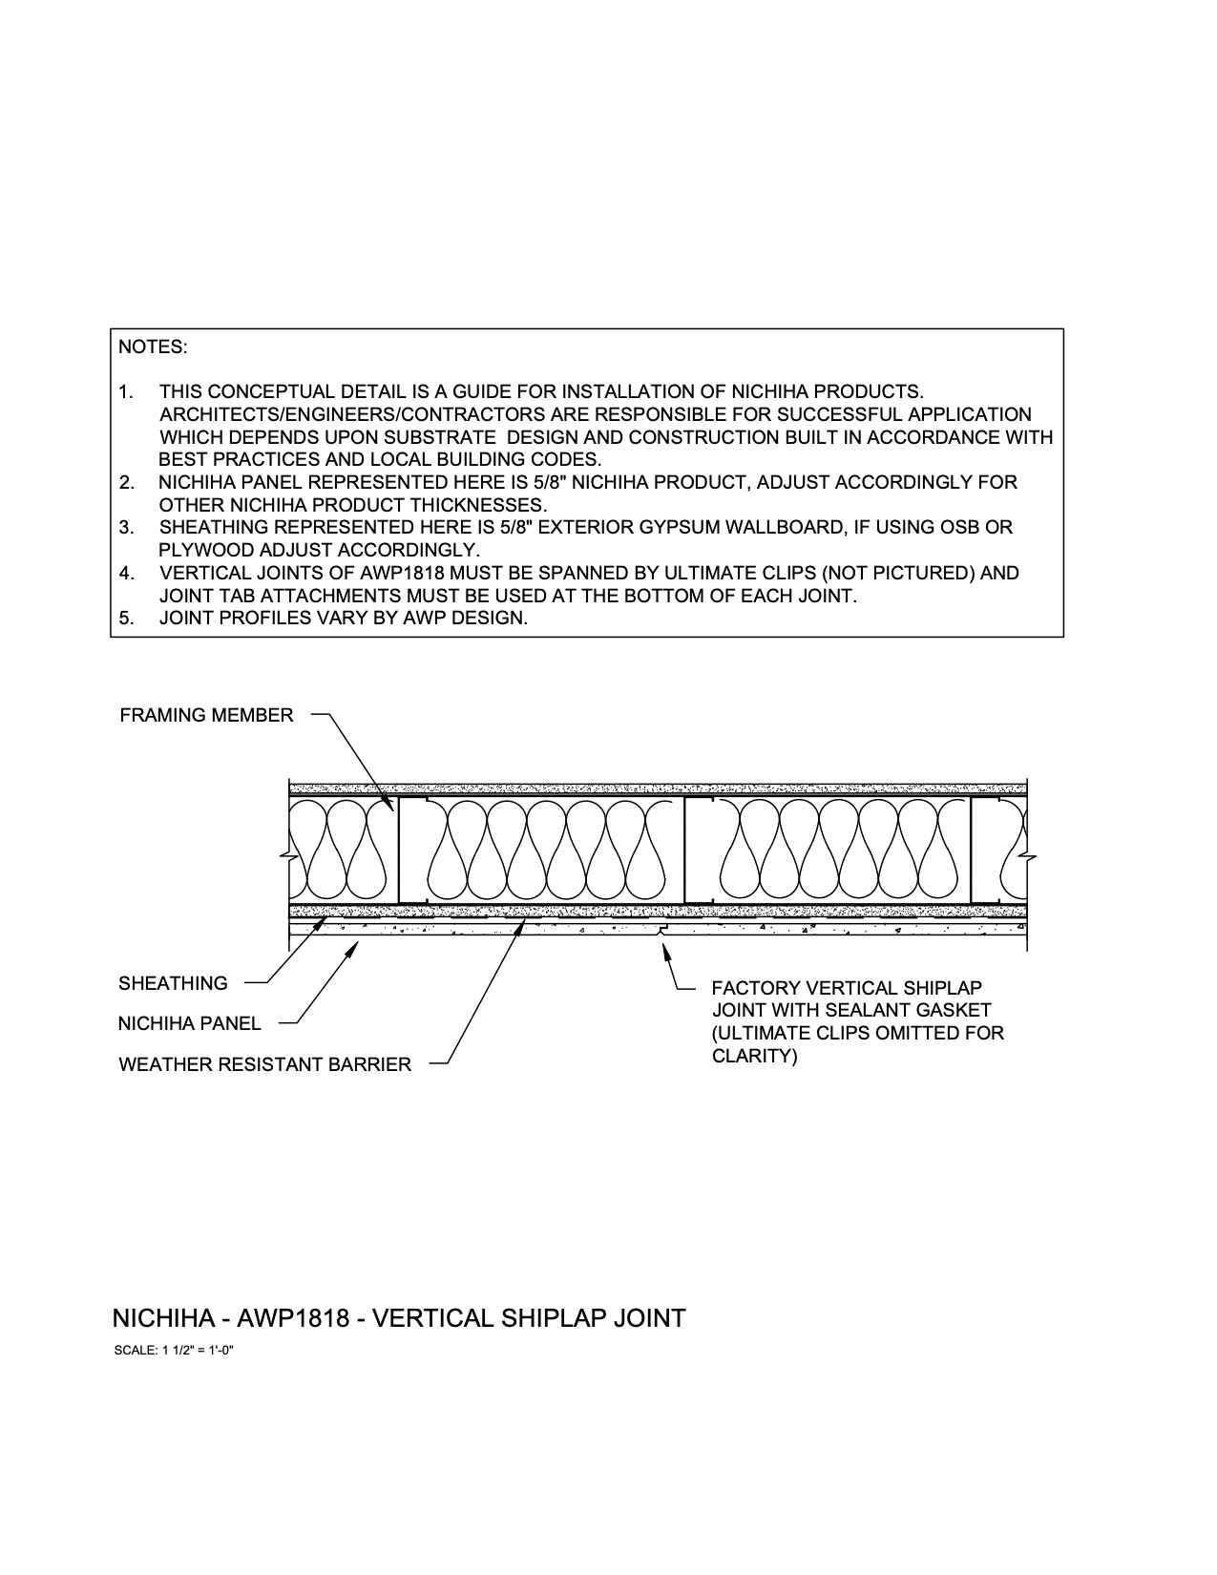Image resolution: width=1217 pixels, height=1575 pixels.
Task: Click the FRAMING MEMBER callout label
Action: pyautogui.click(x=206, y=715)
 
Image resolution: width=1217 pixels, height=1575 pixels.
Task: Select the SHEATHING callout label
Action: pyautogui.click(x=173, y=983)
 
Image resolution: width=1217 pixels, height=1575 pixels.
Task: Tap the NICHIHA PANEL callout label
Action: pyautogui.click(x=189, y=1023)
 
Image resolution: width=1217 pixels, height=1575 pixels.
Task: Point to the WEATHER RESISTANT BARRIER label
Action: pyautogui.click(x=264, y=1064)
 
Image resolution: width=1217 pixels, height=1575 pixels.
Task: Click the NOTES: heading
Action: pyautogui.click(x=153, y=347)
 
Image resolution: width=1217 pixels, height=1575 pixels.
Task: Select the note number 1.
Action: pyautogui.click(x=125, y=392)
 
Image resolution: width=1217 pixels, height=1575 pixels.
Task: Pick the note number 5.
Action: pyautogui.click(x=125, y=618)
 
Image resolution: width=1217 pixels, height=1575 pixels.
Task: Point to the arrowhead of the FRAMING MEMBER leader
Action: pyautogui.click(x=390, y=806)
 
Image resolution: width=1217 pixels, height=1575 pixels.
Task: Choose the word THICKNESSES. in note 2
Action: pyautogui.click(x=477, y=505)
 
